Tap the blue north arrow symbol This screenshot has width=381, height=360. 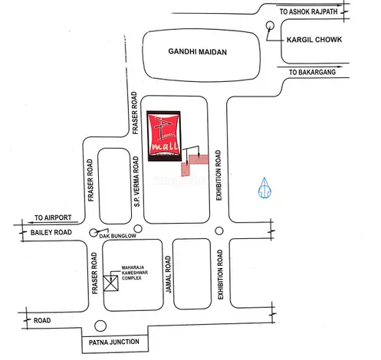pyautogui.click(x=264, y=188)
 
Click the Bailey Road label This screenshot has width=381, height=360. pyautogui.click(x=51, y=231)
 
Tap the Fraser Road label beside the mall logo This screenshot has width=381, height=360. pyautogui.click(x=135, y=120)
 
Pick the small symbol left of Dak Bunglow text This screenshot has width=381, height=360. pyautogui.click(x=94, y=232)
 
